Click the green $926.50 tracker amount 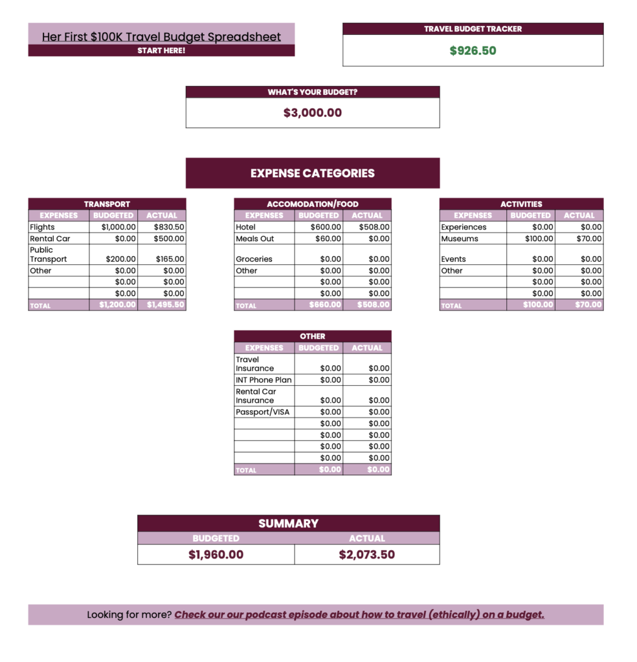click(473, 50)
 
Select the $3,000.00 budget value click(312, 112)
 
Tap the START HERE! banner click(161, 50)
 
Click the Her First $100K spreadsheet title click(161, 37)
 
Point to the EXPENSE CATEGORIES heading click(312, 173)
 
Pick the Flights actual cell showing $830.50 click(169, 228)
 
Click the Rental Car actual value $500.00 click(169, 239)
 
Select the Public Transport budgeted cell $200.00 click(118, 259)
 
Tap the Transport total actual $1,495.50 click(166, 305)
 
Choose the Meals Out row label click(255, 239)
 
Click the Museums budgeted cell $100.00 click(539, 239)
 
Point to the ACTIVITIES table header click(521, 204)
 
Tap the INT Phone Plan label click(263, 380)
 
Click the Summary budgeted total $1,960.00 click(216, 555)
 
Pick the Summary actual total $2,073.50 click(366, 555)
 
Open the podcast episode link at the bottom click(359, 615)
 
